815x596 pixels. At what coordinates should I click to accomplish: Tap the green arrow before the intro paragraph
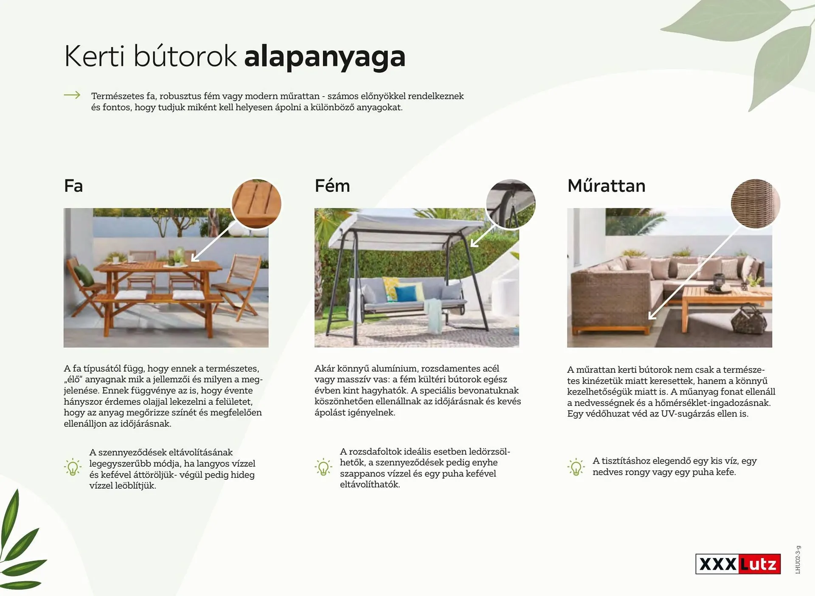(72, 95)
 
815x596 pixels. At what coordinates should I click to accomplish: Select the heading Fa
(73, 186)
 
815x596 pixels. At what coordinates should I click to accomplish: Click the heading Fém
(332, 186)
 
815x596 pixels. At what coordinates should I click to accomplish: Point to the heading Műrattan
(606, 186)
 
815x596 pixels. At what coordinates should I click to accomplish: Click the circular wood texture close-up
(256, 204)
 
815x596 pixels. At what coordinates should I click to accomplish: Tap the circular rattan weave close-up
(756, 204)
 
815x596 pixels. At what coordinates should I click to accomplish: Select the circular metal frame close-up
(511, 204)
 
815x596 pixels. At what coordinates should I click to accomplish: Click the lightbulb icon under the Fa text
(73, 467)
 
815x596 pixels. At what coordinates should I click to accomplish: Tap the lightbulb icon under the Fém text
(323, 467)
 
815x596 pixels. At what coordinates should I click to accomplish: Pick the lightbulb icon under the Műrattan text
(576, 467)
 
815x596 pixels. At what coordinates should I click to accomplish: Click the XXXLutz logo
(738, 564)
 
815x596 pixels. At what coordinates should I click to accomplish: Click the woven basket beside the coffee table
(749, 318)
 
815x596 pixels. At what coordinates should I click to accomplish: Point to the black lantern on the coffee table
(719, 283)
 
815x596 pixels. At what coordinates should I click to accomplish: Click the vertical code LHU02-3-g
(798, 560)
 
